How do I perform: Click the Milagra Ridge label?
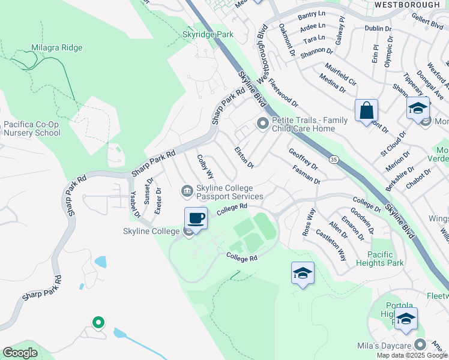[57, 47]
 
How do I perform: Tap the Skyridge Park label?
[208, 35]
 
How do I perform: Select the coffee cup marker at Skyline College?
[196, 218]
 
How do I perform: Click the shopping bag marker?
[366, 111]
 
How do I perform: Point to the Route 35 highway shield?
[334, 160]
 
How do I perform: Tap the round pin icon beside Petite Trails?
[262, 124]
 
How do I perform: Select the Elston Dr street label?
[244, 157]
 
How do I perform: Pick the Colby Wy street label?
[206, 166]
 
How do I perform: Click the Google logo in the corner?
[20, 353]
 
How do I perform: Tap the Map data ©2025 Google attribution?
[412, 355]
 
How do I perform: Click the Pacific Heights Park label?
[385, 259]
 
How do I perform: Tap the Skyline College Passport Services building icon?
[187, 191]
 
